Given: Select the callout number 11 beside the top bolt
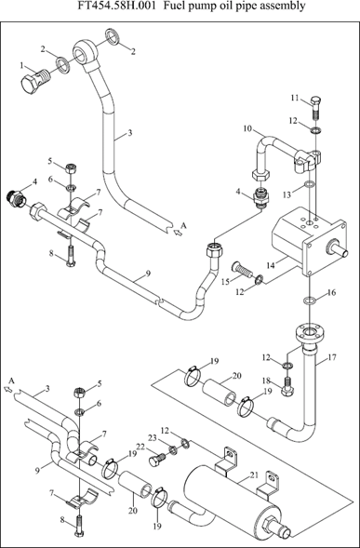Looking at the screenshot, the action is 296,99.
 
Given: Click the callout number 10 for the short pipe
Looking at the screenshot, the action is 247,128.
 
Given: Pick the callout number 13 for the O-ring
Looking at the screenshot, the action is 287,195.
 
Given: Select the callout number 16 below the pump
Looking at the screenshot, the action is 332,292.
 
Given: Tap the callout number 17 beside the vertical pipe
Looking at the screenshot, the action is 332,357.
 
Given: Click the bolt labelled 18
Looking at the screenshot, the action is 288,388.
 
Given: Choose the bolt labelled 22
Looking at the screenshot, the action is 155,460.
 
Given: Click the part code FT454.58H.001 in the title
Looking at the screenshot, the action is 117,6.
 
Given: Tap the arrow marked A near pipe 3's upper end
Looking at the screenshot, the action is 179,232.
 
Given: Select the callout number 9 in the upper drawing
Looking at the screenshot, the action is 148,274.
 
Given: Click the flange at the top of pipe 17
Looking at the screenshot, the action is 311,334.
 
